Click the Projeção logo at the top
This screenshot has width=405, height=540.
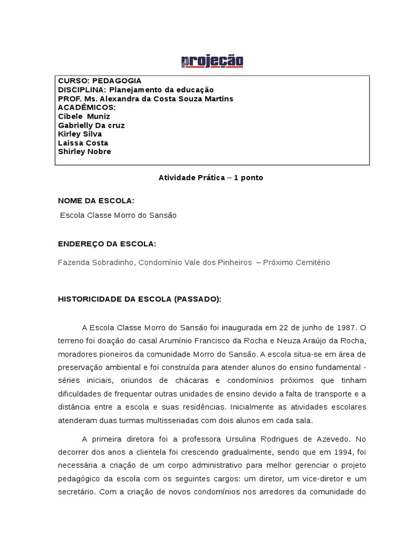[x=212, y=62]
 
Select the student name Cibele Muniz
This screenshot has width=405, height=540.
[x=84, y=117]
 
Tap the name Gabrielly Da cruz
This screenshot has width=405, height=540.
[x=91, y=126]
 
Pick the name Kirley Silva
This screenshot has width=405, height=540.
[x=80, y=134]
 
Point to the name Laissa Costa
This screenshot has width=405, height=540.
[x=83, y=143]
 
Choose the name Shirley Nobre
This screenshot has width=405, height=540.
[x=84, y=152]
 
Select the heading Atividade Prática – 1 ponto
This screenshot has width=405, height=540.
[x=210, y=178]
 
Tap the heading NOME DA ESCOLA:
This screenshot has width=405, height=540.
[x=96, y=201]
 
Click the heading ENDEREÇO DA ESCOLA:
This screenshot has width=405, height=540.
[x=107, y=243]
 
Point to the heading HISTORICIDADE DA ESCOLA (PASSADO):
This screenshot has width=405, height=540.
[x=140, y=299]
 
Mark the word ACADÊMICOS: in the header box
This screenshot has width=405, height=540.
[x=86, y=108]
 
